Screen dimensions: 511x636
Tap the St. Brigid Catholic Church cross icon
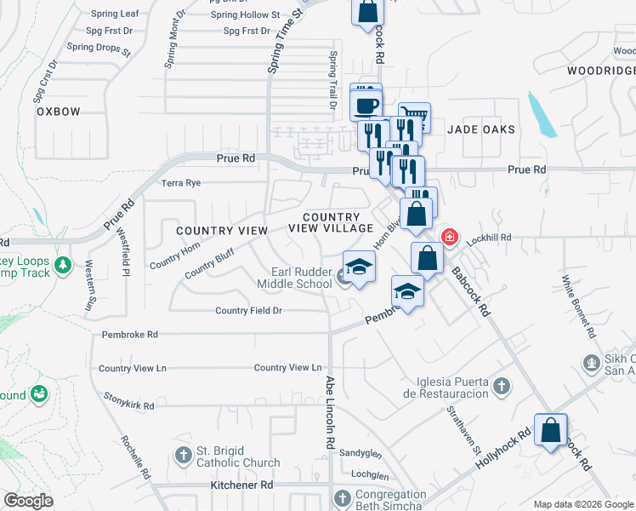pos(182,456)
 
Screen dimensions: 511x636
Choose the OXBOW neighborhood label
pos(57,112)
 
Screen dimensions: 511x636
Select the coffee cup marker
pos(366,106)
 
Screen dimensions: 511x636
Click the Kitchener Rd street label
pos(242,485)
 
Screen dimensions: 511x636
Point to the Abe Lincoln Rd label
pos(328,414)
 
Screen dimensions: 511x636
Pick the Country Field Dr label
pos(248,311)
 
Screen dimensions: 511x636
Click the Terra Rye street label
pos(181,183)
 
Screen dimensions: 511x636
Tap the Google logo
pos(28,501)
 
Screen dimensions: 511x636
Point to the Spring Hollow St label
pos(245,15)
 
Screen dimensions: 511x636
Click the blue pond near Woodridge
pos(542,115)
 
